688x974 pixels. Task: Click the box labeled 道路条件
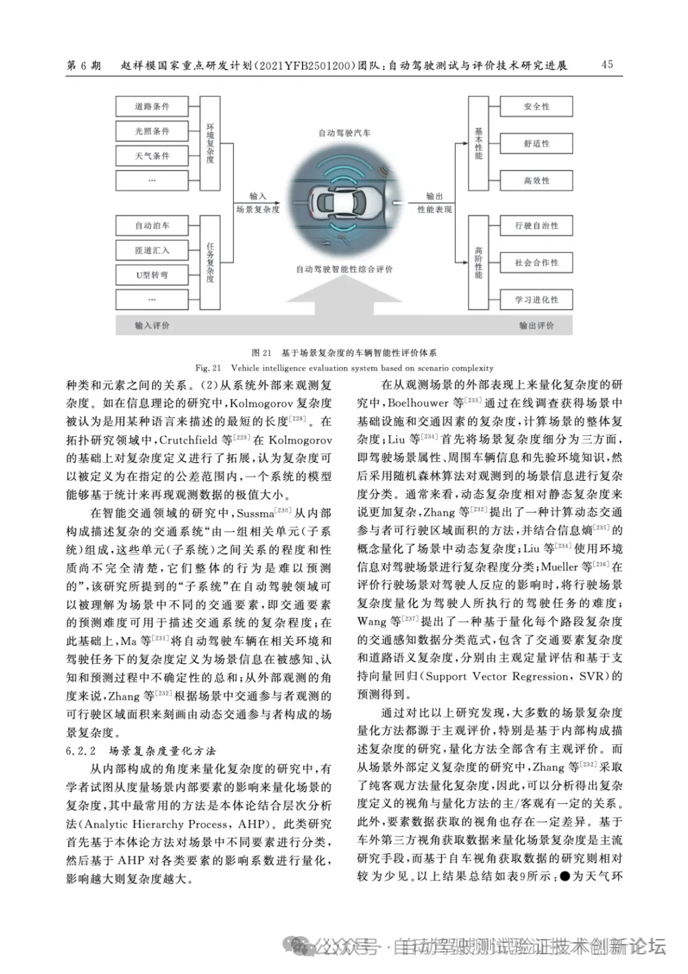point(152,106)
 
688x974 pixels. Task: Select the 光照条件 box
point(152,131)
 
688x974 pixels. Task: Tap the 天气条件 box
point(152,156)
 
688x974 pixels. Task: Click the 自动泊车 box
point(152,226)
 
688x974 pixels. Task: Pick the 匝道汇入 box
point(152,250)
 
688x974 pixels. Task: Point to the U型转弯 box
point(152,275)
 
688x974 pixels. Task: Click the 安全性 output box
point(536,106)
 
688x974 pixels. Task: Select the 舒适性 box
point(536,144)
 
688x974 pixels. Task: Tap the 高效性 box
point(536,181)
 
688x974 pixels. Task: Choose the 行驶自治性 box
point(536,226)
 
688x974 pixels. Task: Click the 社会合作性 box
point(536,262)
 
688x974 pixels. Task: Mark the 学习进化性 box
point(536,299)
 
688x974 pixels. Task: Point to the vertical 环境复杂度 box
point(210,144)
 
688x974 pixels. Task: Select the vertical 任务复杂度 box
point(210,262)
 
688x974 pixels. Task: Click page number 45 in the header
point(607,64)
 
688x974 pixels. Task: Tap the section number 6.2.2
point(80,751)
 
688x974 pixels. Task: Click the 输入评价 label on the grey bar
point(152,326)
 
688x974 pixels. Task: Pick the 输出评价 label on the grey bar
point(536,326)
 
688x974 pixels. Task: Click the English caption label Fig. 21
point(208,368)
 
